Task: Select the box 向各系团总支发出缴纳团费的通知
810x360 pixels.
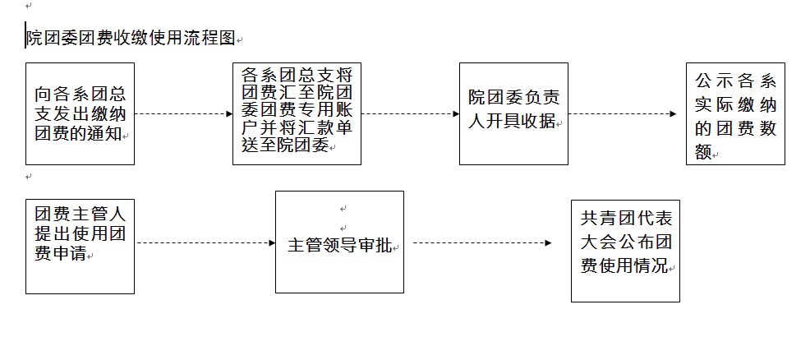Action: pos(80,113)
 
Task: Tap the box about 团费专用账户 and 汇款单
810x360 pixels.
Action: pos(297,113)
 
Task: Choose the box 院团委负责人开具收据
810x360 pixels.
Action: pos(513,113)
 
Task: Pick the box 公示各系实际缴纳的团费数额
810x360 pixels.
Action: pos(735,113)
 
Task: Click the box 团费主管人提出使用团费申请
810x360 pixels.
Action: pos(80,247)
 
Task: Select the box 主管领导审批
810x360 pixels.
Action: pos(339,242)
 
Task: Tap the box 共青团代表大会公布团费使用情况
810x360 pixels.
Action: pos(625,251)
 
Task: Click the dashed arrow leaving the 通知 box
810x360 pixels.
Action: pos(184,114)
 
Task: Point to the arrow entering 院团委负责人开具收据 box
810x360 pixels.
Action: pos(411,114)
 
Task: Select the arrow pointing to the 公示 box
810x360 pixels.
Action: pos(623,114)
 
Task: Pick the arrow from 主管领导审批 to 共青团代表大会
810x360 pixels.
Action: pos(482,242)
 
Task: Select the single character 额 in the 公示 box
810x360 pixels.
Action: pos(703,151)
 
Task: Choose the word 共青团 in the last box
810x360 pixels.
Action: pos(607,219)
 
